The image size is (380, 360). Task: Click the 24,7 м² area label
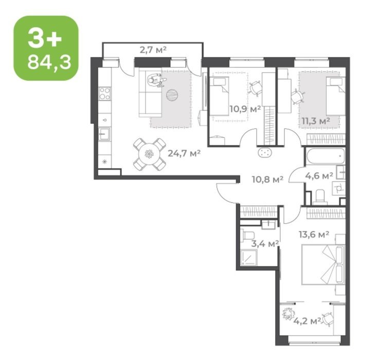pyautogui.click(x=184, y=153)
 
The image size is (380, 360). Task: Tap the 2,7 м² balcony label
pyautogui.click(x=153, y=50)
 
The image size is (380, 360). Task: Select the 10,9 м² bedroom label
pyautogui.click(x=245, y=110)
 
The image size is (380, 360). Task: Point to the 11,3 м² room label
pyautogui.click(x=316, y=120)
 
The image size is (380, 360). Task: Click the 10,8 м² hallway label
pyautogui.click(x=267, y=179)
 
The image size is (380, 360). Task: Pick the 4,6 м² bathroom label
pyautogui.click(x=319, y=176)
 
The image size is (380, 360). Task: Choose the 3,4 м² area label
pyautogui.click(x=264, y=244)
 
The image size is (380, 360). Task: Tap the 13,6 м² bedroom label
pyautogui.click(x=314, y=235)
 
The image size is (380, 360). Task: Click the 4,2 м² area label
pyautogui.click(x=307, y=321)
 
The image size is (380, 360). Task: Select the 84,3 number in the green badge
pyautogui.click(x=49, y=62)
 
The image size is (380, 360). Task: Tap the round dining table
pyautogui.click(x=149, y=154)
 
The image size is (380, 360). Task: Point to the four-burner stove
pyautogui.click(x=105, y=94)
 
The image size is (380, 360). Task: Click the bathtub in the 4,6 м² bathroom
pyautogui.click(x=325, y=156)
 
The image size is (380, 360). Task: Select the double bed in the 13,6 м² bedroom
pyautogui.click(x=323, y=264)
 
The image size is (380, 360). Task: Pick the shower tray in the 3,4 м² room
pyautogui.click(x=248, y=258)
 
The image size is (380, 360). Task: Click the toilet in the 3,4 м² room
pyautogui.click(x=248, y=235)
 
